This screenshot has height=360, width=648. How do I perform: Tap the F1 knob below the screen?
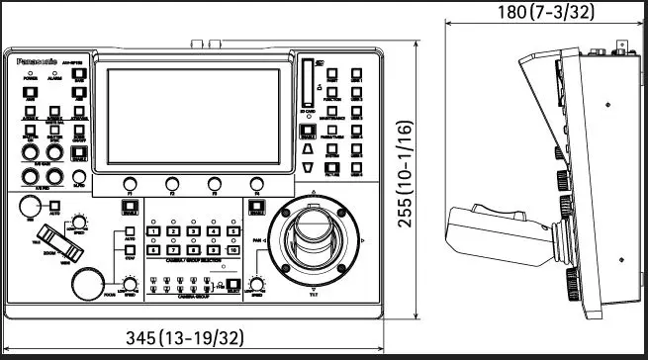point(130,183)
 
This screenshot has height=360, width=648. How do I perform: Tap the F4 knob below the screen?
point(257,183)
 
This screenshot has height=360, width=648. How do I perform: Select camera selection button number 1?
point(154,231)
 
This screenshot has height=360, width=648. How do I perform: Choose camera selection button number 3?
point(194,231)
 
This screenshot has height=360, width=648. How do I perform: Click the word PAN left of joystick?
point(257,239)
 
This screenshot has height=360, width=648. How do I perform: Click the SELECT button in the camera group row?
point(232,288)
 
